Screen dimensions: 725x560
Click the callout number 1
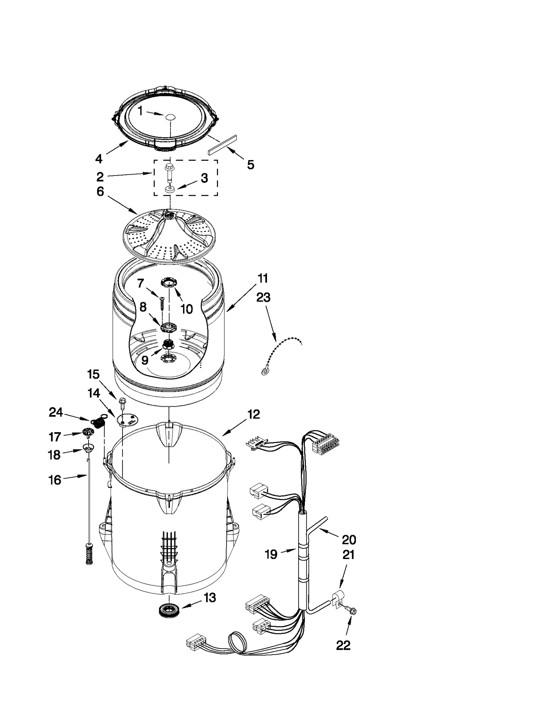140,111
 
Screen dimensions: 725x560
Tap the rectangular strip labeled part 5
222,144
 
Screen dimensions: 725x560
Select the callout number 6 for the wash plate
100,192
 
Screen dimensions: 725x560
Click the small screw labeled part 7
162,303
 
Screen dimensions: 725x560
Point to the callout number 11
262,278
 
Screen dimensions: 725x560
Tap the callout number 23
263,297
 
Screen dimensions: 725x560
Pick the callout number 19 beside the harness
271,554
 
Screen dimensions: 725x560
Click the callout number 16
55,480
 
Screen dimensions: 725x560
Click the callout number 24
56,412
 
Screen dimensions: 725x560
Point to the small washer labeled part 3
169,189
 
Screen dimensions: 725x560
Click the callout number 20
349,539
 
